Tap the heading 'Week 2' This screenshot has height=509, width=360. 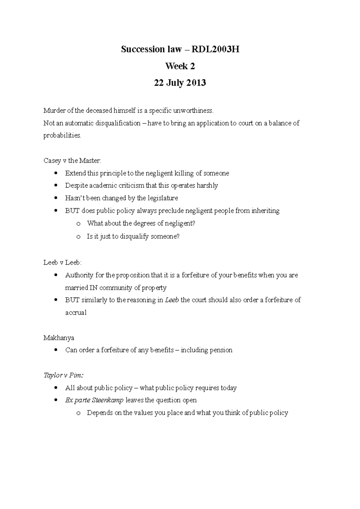point(180,66)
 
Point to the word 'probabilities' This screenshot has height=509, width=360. point(62,135)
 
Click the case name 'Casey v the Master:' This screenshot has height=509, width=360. point(72,161)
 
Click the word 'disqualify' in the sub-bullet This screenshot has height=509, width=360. point(134,237)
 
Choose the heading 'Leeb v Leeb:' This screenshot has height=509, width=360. point(62,263)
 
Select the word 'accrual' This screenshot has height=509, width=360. point(76,313)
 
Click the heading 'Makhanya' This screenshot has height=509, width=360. point(59,338)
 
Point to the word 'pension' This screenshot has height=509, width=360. point(221,350)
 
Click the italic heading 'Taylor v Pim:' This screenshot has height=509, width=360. point(64,375)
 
